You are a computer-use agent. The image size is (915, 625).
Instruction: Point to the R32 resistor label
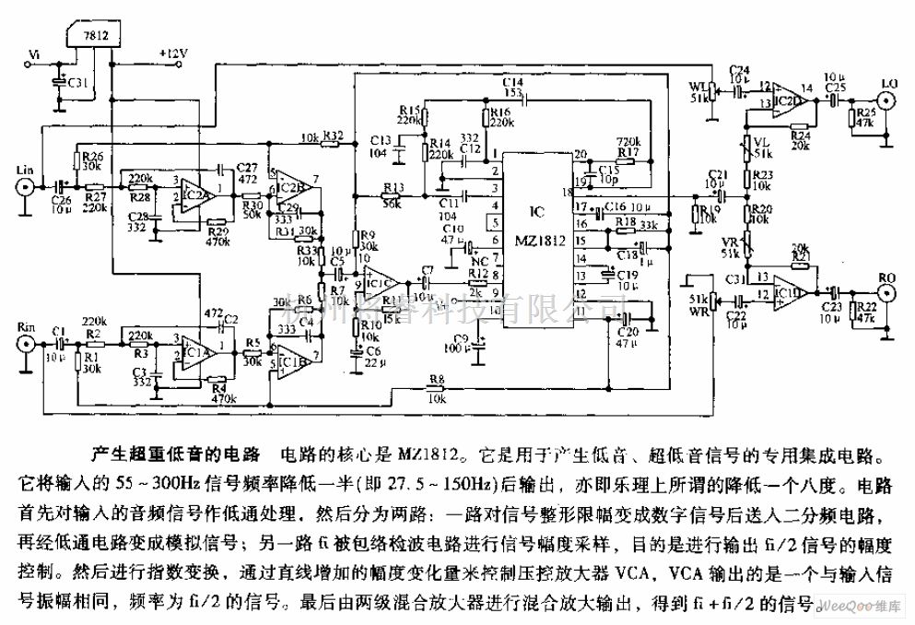pos(333,136)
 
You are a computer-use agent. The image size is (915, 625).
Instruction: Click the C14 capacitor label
pos(512,83)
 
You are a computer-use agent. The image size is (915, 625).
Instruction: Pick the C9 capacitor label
pos(462,338)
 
